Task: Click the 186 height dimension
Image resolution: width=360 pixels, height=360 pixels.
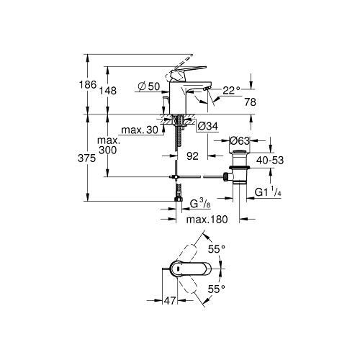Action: tap(88, 84)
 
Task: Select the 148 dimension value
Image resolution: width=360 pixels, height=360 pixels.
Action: tap(108, 91)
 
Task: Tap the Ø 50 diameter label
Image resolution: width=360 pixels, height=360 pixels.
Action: tap(149, 86)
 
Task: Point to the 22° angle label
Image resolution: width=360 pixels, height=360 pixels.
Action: tap(231, 91)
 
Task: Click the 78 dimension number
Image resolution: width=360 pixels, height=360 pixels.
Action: tap(251, 102)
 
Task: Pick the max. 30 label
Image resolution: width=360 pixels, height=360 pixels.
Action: tap(140, 130)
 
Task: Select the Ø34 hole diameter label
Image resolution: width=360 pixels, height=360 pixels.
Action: tap(207, 126)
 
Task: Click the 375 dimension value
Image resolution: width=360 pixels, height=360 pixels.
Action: tap(87, 158)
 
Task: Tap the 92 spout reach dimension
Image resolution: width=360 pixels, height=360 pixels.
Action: tap(192, 156)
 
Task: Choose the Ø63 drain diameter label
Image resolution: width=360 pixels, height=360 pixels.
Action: tap(240, 140)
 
